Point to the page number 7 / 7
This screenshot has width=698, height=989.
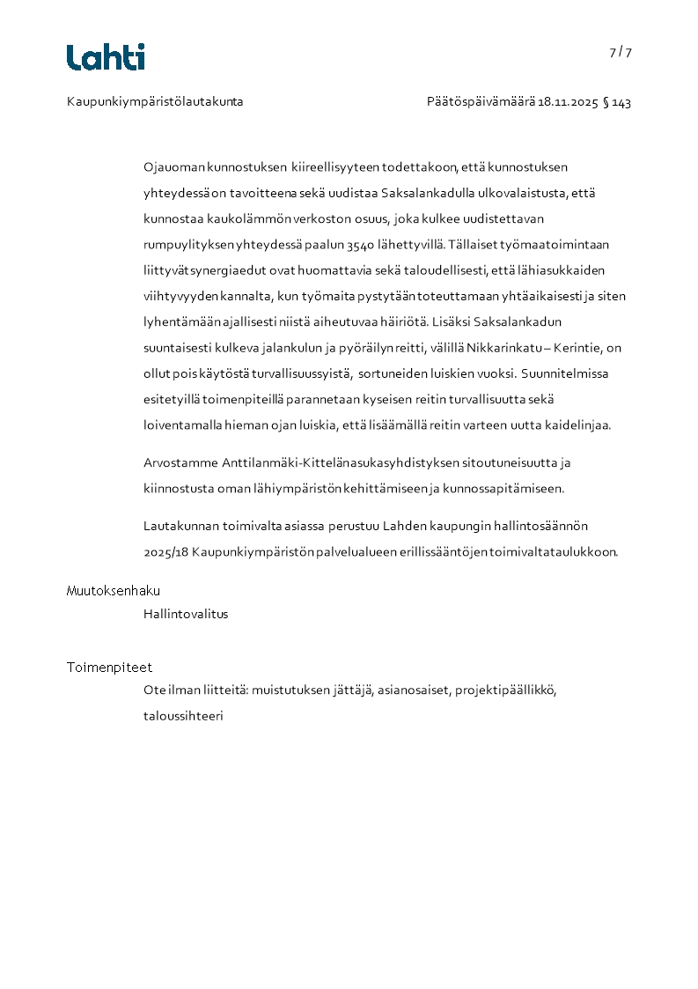click(x=621, y=52)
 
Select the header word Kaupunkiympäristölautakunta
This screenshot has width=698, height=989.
click(x=155, y=102)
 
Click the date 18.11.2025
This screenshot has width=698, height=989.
click(x=567, y=102)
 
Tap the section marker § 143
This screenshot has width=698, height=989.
click(x=617, y=102)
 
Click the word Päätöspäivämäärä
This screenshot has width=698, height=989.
click(x=480, y=102)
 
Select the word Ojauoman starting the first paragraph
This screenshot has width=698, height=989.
click(x=174, y=166)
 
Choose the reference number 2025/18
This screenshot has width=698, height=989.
click(x=165, y=552)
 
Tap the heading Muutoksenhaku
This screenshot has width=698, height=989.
click(x=114, y=591)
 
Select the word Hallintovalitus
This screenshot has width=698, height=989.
click(x=186, y=614)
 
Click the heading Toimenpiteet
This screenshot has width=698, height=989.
click(x=109, y=668)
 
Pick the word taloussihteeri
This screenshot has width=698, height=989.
click(x=183, y=716)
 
